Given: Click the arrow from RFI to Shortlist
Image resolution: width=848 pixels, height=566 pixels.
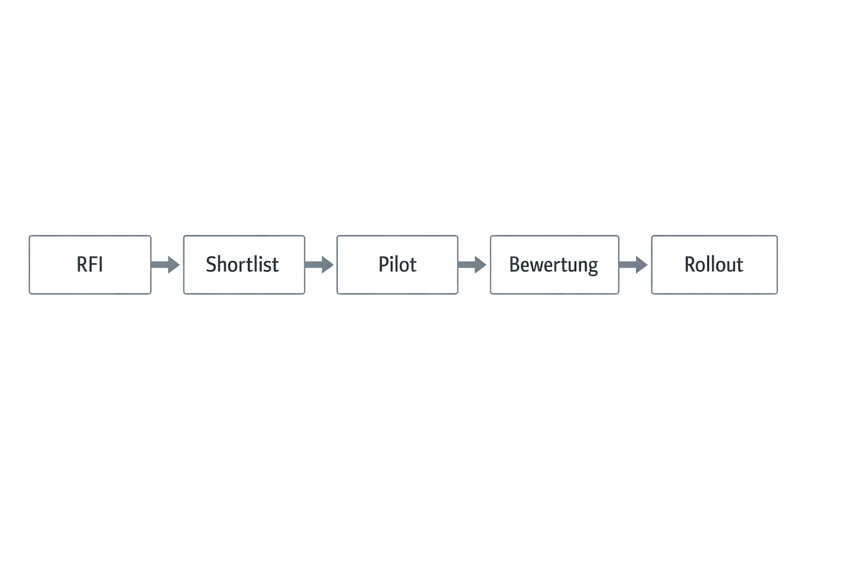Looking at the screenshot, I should tap(165, 265).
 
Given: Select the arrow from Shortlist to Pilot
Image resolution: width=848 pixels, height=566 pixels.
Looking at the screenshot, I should tap(319, 265).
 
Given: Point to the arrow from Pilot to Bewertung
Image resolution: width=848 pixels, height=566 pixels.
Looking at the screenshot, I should tap(471, 265).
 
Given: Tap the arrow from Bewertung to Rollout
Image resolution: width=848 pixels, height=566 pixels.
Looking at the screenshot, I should tap(633, 265).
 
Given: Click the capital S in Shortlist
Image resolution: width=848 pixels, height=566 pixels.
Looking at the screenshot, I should tap(211, 264).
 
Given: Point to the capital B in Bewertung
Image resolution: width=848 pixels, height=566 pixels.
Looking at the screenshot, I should tap(515, 264).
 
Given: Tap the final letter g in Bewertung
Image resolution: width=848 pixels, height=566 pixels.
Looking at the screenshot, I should tap(592, 266).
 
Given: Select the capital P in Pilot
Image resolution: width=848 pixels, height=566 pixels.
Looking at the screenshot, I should tap(383, 264).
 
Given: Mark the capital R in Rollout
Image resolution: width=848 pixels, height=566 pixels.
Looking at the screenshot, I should tap(690, 264).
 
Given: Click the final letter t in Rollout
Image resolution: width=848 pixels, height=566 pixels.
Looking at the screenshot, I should tap(740, 265).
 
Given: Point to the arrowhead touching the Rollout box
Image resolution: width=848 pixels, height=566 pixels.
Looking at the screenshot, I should tap(641, 265).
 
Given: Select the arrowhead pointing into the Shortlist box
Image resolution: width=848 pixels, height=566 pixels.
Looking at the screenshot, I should tap(173, 265).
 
